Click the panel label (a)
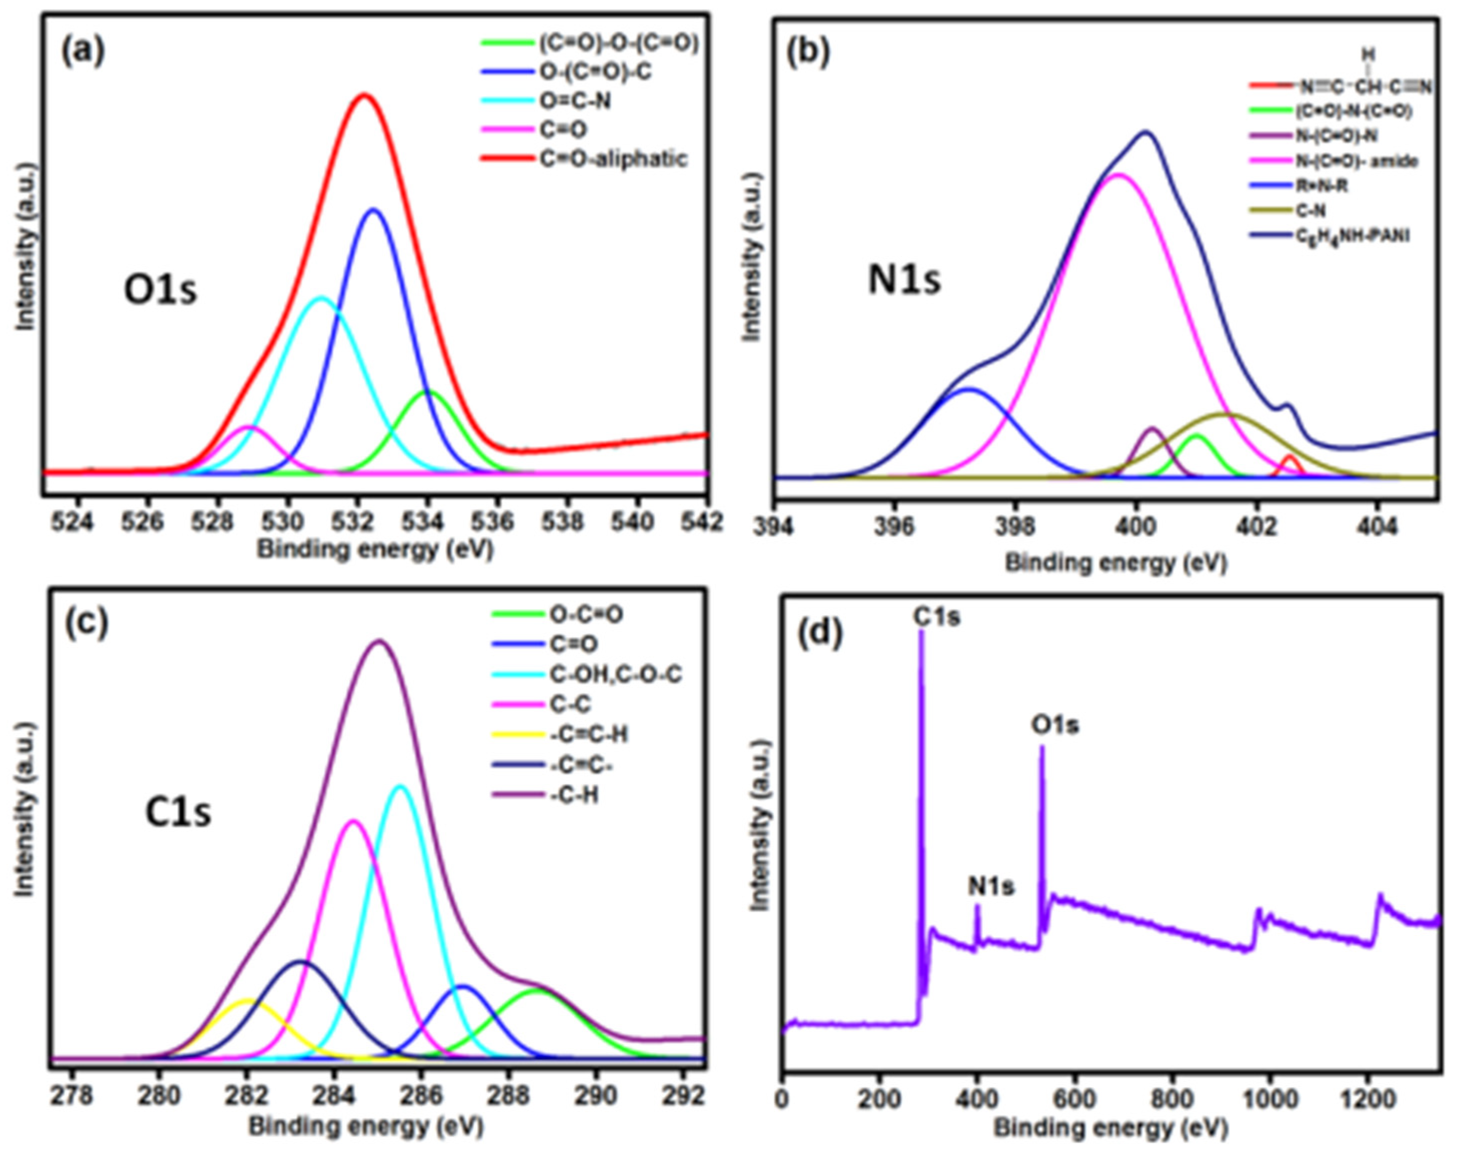83,52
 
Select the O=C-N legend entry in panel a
574,101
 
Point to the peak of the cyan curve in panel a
322,297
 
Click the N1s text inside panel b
904,280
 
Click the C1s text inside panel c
178,813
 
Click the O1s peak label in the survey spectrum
1054,725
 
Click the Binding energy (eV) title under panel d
1110,1128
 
